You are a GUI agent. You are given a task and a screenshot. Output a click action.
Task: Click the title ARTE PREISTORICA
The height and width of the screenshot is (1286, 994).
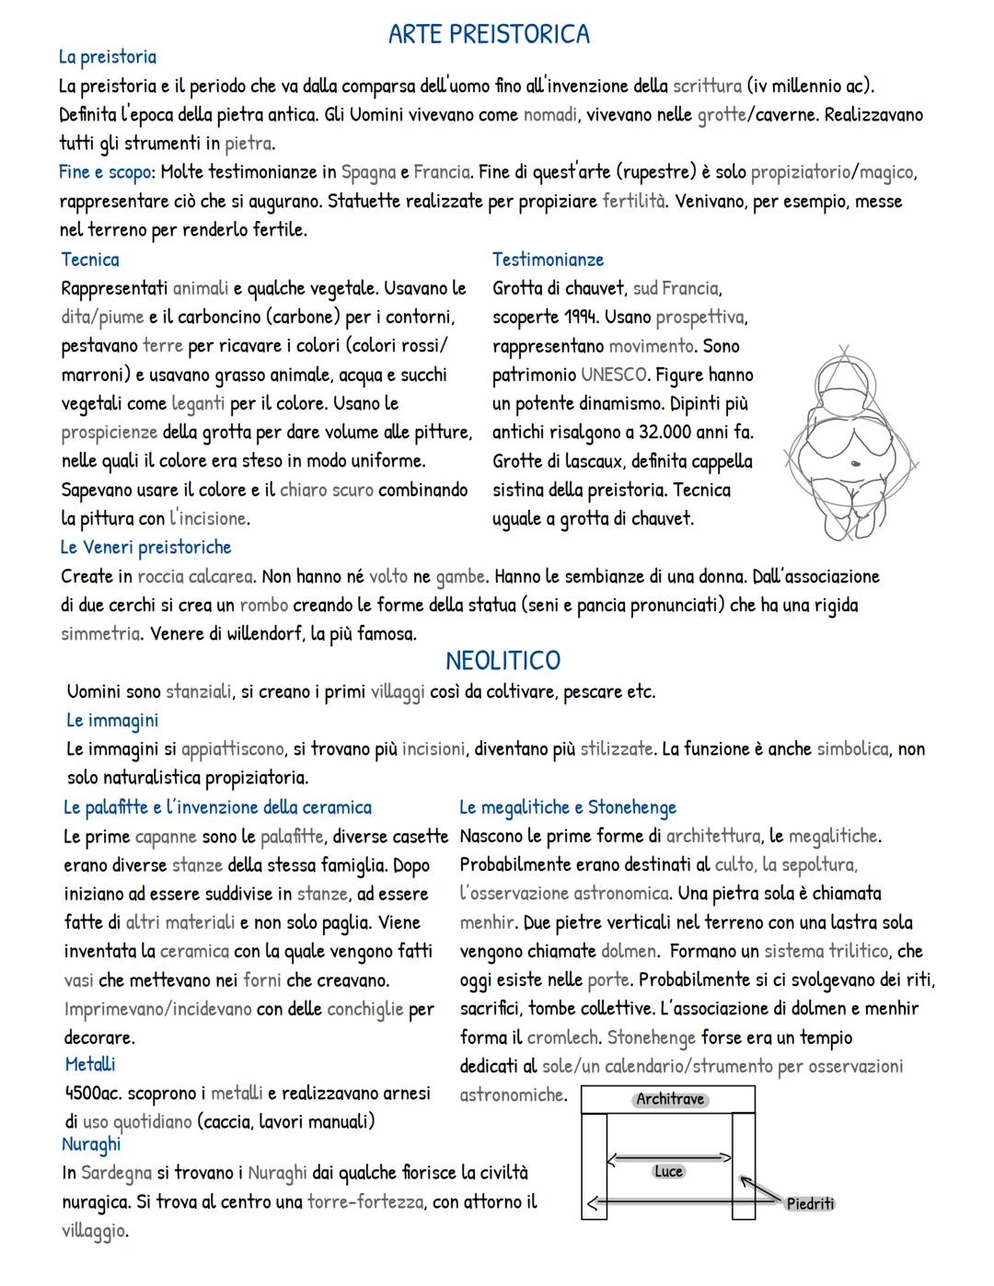pos(489,35)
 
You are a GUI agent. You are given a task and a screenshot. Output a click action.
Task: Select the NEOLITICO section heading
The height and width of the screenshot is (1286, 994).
pos(503,661)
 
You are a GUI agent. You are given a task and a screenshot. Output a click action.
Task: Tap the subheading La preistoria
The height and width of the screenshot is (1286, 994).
pos(107,57)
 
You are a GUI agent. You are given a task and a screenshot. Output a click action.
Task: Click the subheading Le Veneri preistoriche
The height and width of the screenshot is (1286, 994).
pos(145,548)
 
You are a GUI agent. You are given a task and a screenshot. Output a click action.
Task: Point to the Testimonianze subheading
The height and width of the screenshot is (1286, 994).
pos(548,260)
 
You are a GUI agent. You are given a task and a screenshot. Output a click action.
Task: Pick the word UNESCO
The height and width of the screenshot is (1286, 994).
pos(614,375)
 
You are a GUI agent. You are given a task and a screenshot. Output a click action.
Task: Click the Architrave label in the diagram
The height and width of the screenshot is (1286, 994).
pos(669,1099)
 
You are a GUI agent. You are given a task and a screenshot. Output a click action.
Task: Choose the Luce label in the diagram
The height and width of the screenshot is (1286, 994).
pos(668,1171)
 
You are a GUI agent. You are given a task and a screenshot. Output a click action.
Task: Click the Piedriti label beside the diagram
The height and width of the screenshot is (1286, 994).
pos(810,1204)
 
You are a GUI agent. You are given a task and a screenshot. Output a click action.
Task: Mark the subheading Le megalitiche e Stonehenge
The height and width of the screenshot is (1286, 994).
pos(567,808)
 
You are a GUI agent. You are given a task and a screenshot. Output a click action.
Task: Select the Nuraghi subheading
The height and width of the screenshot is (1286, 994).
pos(91,1144)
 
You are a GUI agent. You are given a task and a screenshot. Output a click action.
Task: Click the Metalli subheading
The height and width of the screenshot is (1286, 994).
pos(90,1065)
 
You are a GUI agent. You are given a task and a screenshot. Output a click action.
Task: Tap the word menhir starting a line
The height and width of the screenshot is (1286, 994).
pos(487,922)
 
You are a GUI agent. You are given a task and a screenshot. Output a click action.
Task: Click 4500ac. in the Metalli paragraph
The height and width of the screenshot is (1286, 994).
pos(95,1094)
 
